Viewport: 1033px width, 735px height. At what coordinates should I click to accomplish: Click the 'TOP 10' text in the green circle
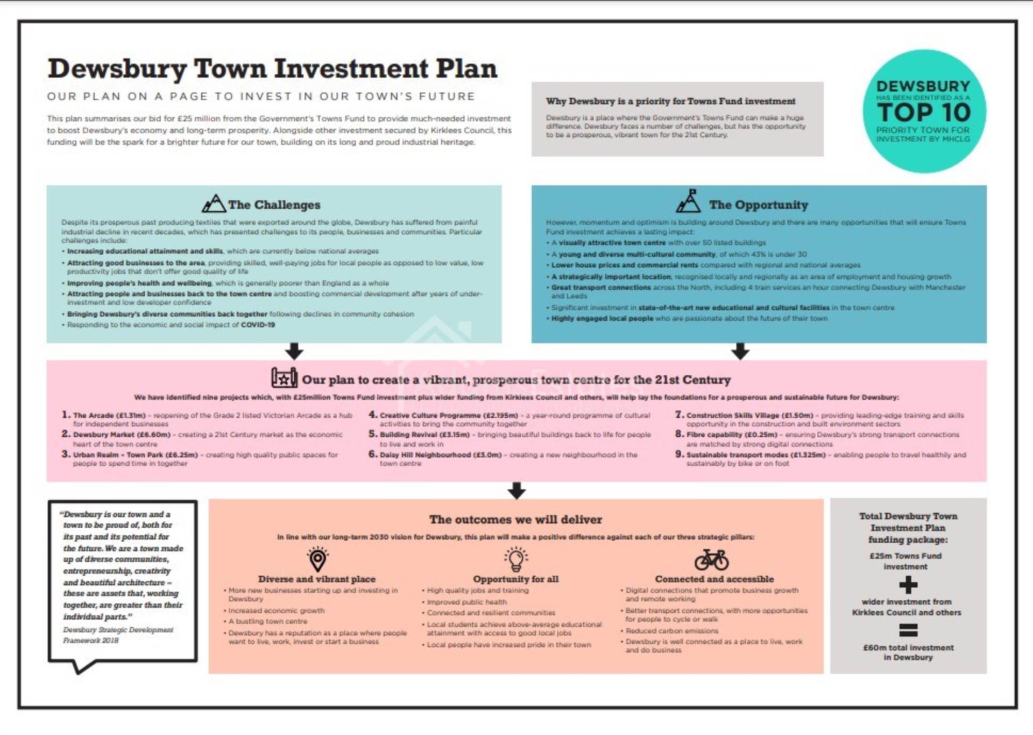point(923,113)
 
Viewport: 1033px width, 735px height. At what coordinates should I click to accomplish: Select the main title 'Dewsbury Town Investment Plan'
point(272,69)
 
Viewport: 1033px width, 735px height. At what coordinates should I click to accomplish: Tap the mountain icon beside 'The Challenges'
point(214,204)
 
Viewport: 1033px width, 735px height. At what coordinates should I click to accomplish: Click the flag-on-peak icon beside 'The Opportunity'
point(689,201)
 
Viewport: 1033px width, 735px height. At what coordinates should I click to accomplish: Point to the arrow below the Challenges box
point(294,351)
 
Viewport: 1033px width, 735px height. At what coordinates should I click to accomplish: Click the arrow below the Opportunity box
point(740,351)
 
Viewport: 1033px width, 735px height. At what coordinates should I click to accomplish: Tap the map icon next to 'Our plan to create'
point(284,378)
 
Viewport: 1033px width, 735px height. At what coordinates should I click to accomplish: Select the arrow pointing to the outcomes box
point(516,490)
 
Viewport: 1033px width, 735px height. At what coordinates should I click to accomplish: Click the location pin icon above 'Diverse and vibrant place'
point(317,559)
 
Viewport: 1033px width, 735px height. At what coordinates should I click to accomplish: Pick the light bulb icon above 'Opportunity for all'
point(515,559)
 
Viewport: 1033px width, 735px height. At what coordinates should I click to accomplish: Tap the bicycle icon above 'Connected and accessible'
point(711,559)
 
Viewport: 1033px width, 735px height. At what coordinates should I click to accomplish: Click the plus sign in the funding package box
point(908,585)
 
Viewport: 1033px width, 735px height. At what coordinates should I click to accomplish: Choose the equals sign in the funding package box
point(908,629)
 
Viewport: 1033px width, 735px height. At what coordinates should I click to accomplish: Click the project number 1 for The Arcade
point(66,415)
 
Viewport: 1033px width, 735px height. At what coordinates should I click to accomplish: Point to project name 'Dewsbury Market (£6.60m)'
point(122,435)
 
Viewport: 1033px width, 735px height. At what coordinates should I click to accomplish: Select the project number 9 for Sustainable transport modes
point(680,454)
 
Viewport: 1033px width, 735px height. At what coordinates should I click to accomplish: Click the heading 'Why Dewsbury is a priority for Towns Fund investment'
point(670,101)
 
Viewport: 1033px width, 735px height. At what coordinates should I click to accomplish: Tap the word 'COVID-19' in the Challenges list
point(258,325)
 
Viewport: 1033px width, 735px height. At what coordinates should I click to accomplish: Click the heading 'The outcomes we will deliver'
point(515,520)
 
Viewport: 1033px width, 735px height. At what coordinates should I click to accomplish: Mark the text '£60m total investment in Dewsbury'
point(908,652)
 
